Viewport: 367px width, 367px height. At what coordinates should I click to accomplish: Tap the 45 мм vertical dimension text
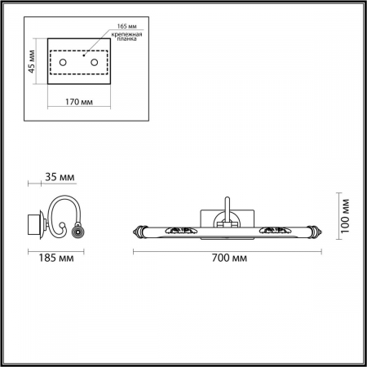pyautogui.click(x=32, y=62)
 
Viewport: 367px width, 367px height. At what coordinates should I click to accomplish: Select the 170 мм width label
pyautogui.click(x=79, y=103)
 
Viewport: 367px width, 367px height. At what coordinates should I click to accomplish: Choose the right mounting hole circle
pyautogui.click(x=95, y=63)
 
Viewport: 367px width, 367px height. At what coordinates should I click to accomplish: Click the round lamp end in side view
pyautogui.click(x=77, y=233)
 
